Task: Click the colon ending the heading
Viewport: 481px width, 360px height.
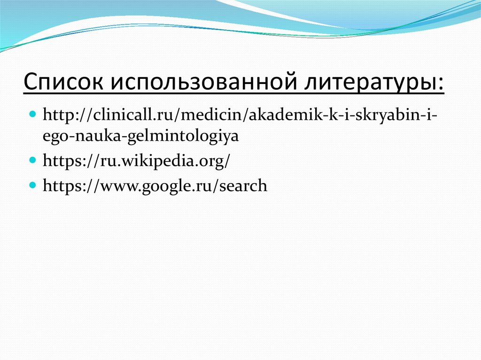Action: (x=440, y=84)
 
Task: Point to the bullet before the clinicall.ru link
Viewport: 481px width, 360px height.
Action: (x=33, y=115)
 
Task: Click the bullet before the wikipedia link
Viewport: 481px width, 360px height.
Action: (x=33, y=160)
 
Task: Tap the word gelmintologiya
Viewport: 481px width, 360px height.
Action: (x=174, y=137)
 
